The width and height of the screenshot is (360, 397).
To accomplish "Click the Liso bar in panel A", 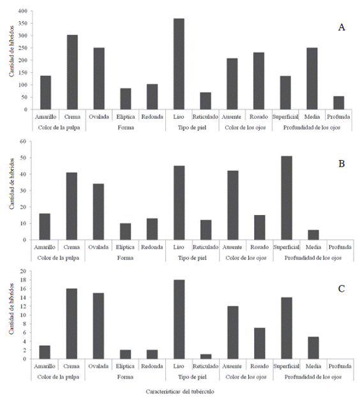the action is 179,64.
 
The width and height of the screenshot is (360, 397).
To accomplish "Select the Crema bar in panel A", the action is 72,72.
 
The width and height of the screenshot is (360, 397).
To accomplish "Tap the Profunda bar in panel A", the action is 339,103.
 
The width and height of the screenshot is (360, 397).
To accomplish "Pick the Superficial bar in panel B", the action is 287,198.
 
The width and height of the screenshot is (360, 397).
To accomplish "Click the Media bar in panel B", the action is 313,235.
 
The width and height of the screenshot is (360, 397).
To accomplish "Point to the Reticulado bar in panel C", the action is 206,357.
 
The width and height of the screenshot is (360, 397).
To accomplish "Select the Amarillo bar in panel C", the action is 45,352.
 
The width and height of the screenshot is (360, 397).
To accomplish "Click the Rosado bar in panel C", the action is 260,343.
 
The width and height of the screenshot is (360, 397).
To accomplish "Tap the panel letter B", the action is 341,164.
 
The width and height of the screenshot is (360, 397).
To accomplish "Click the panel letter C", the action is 341,288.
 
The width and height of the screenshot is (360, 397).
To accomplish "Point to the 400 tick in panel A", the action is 22,11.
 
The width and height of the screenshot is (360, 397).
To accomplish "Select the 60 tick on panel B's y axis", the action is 23,141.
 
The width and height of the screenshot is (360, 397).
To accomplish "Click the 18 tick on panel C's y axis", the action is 23,280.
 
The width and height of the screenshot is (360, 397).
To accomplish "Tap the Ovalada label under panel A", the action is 99,117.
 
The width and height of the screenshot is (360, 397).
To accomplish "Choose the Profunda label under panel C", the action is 340,366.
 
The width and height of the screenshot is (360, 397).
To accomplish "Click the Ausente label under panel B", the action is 232,247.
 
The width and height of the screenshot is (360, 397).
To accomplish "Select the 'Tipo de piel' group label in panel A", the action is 192,128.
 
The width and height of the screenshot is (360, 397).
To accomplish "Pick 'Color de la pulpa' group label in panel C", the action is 58,377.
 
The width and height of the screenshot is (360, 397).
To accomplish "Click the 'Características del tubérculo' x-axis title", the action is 180,392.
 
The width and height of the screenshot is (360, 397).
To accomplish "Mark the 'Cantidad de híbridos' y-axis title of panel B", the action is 11,184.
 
